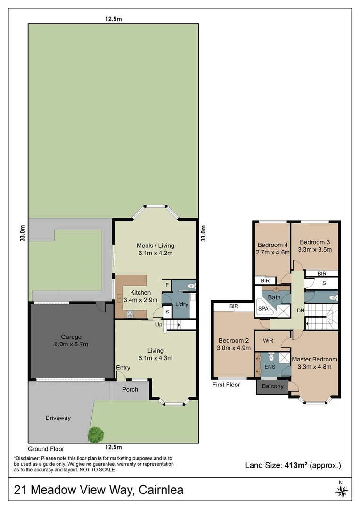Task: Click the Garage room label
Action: pyautogui.click(x=71, y=337)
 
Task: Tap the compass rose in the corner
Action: pyautogui.click(x=341, y=491)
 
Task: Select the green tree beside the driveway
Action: pyautogui.click(x=96, y=434)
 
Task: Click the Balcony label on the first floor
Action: pyautogui.click(x=272, y=386)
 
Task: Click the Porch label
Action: pyautogui.click(x=130, y=390)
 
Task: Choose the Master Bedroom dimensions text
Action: pyautogui.click(x=315, y=367)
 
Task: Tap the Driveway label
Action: pyautogui.click(x=58, y=418)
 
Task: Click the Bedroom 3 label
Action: pyautogui.click(x=315, y=242)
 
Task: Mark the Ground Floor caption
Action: pyautogui.click(x=46, y=449)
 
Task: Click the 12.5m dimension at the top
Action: pyautogui.click(x=113, y=19)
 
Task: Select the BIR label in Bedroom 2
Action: pyautogui.click(x=234, y=307)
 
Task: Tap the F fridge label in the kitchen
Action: pyautogui.click(x=166, y=285)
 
